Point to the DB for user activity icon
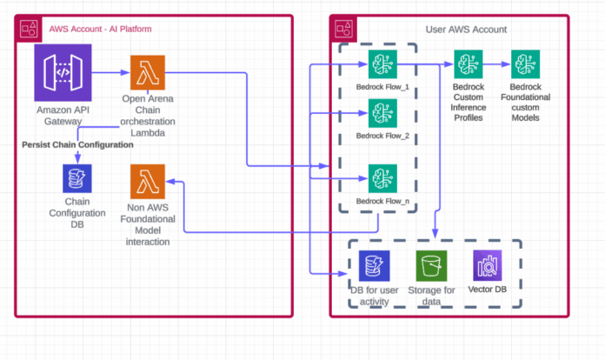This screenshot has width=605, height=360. pos(374,265)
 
